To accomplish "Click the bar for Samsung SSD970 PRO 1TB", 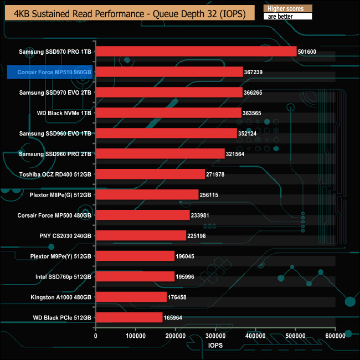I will (196, 52).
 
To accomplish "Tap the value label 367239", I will (257, 72).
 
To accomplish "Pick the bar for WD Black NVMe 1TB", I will (168, 113).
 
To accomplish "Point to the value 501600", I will (311, 52).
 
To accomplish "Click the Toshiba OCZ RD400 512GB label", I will (55, 174).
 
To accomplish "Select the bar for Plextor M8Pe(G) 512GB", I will (147, 194).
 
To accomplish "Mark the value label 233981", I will (205, 215).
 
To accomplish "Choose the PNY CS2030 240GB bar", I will (141, 235).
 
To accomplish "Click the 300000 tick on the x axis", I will (215, 336).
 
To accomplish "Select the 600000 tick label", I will (335, 336).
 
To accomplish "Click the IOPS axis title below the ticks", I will (215, 346).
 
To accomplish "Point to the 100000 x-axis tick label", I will (136, 336).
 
